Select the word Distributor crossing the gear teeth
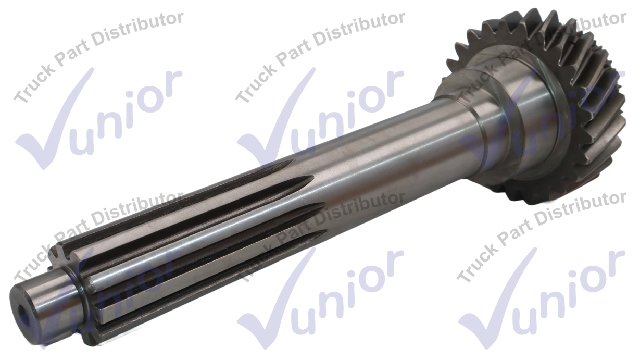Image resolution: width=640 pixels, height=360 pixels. [583, 31]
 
